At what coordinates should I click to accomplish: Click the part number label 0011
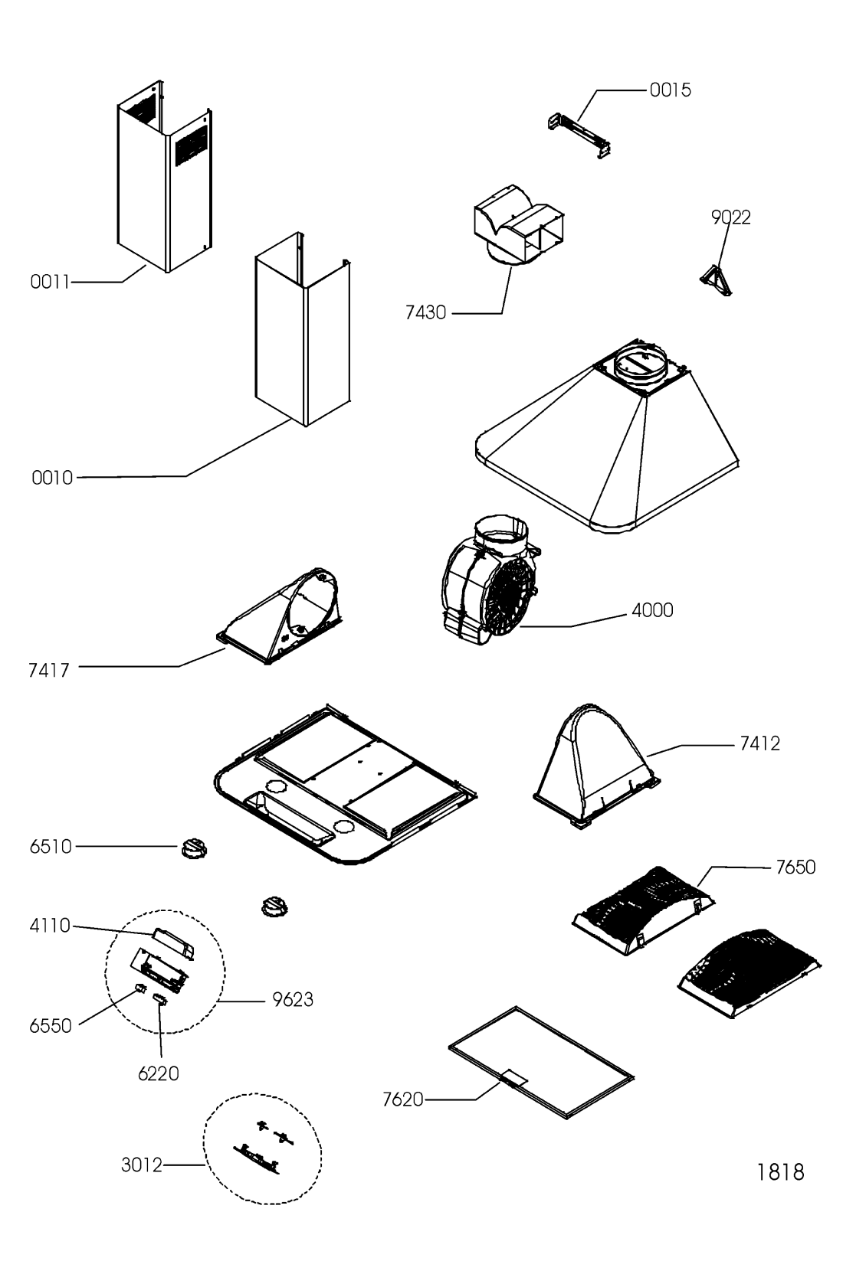click(x=50, y=282)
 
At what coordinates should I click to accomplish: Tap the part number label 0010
click(x=52, y=478)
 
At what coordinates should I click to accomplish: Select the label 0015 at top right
click(x=670, y=90)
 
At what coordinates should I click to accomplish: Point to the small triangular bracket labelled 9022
click(x=717, y=280)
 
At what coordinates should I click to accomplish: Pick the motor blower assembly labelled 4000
click(x=490, y=580)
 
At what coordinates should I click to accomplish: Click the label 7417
click(x=49, y=671)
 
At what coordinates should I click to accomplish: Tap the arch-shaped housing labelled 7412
click(x=596, y=765)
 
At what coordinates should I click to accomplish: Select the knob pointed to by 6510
click(x=194, y=848)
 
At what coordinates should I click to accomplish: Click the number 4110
click(x=50, y=926)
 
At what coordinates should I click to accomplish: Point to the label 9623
click(x=293, y=1000)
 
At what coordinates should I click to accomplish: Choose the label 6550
click(x=51, y=1026)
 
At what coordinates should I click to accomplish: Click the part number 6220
click(x=159, y=1074)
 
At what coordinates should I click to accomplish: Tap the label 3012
click(x=142, y=1165)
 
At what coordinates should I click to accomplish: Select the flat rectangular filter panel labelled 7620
click(x=541, y=1063)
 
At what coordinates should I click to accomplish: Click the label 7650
click(x=795, y=867)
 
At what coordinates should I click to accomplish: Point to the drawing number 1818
click(x=780, y=1173)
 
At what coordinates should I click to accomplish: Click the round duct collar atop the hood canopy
click(x=640, y=366)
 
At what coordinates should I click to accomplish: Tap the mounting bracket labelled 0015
click(x=579, y=136)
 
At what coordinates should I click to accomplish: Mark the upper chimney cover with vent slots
click(x=165, y=176)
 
